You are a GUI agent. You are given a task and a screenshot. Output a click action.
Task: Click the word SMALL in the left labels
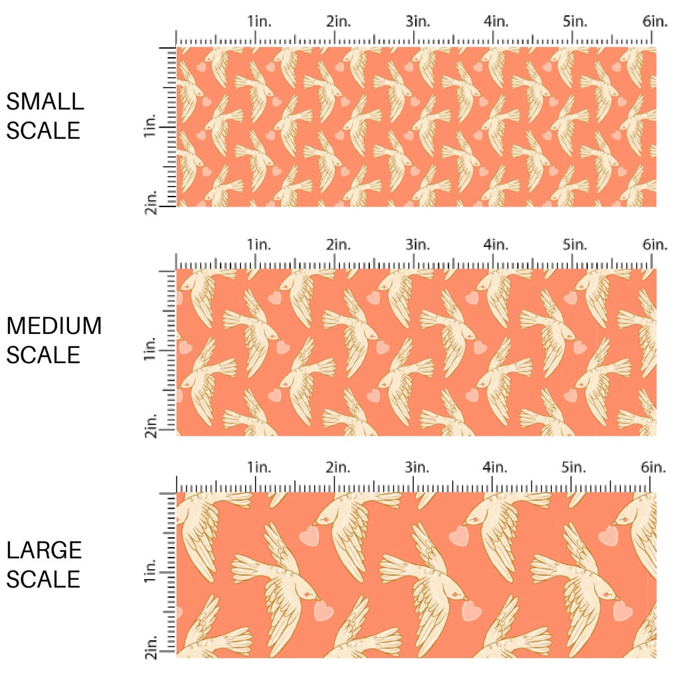(45, 102)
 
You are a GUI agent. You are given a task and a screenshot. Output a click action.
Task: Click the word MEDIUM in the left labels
(54, 326)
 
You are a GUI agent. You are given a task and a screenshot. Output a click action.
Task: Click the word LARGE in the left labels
(44, 551)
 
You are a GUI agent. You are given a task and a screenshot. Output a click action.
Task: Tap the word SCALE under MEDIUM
(43, 355)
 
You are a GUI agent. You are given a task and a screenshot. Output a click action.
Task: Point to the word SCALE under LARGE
(43, 579)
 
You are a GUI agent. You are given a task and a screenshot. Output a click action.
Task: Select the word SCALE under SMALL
(43, 130)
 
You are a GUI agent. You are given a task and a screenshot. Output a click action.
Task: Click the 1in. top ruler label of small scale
(260, 21)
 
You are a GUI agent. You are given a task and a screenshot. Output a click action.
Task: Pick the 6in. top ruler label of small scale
(655, 21)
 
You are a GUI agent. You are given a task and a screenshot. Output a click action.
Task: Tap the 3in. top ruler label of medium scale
(418, 244)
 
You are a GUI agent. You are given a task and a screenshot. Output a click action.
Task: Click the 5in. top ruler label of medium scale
(575, 244)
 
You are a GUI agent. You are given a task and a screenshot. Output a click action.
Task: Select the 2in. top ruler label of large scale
(338, 467)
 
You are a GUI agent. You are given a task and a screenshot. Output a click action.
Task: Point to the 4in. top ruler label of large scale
(496, 467)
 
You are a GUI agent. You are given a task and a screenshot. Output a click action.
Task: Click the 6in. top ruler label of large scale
(655, 467)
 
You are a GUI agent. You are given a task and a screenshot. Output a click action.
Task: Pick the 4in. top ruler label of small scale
(496, 21)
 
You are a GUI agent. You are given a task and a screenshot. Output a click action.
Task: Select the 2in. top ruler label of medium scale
(338, 244)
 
